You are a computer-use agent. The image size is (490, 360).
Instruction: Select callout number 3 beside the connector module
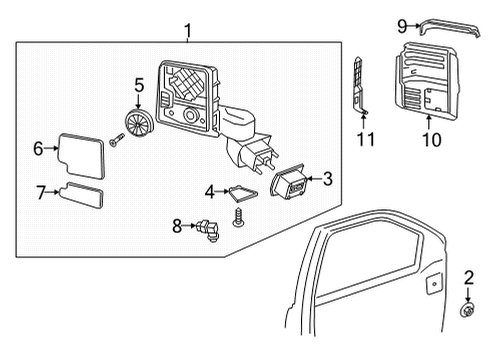(326, 179)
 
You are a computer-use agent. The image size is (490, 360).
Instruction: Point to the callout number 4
(210, 190)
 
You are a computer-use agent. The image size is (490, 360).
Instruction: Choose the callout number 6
(38, 149)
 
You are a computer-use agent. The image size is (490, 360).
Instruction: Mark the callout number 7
(40, 190)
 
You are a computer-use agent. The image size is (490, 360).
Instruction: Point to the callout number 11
(367, 138)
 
